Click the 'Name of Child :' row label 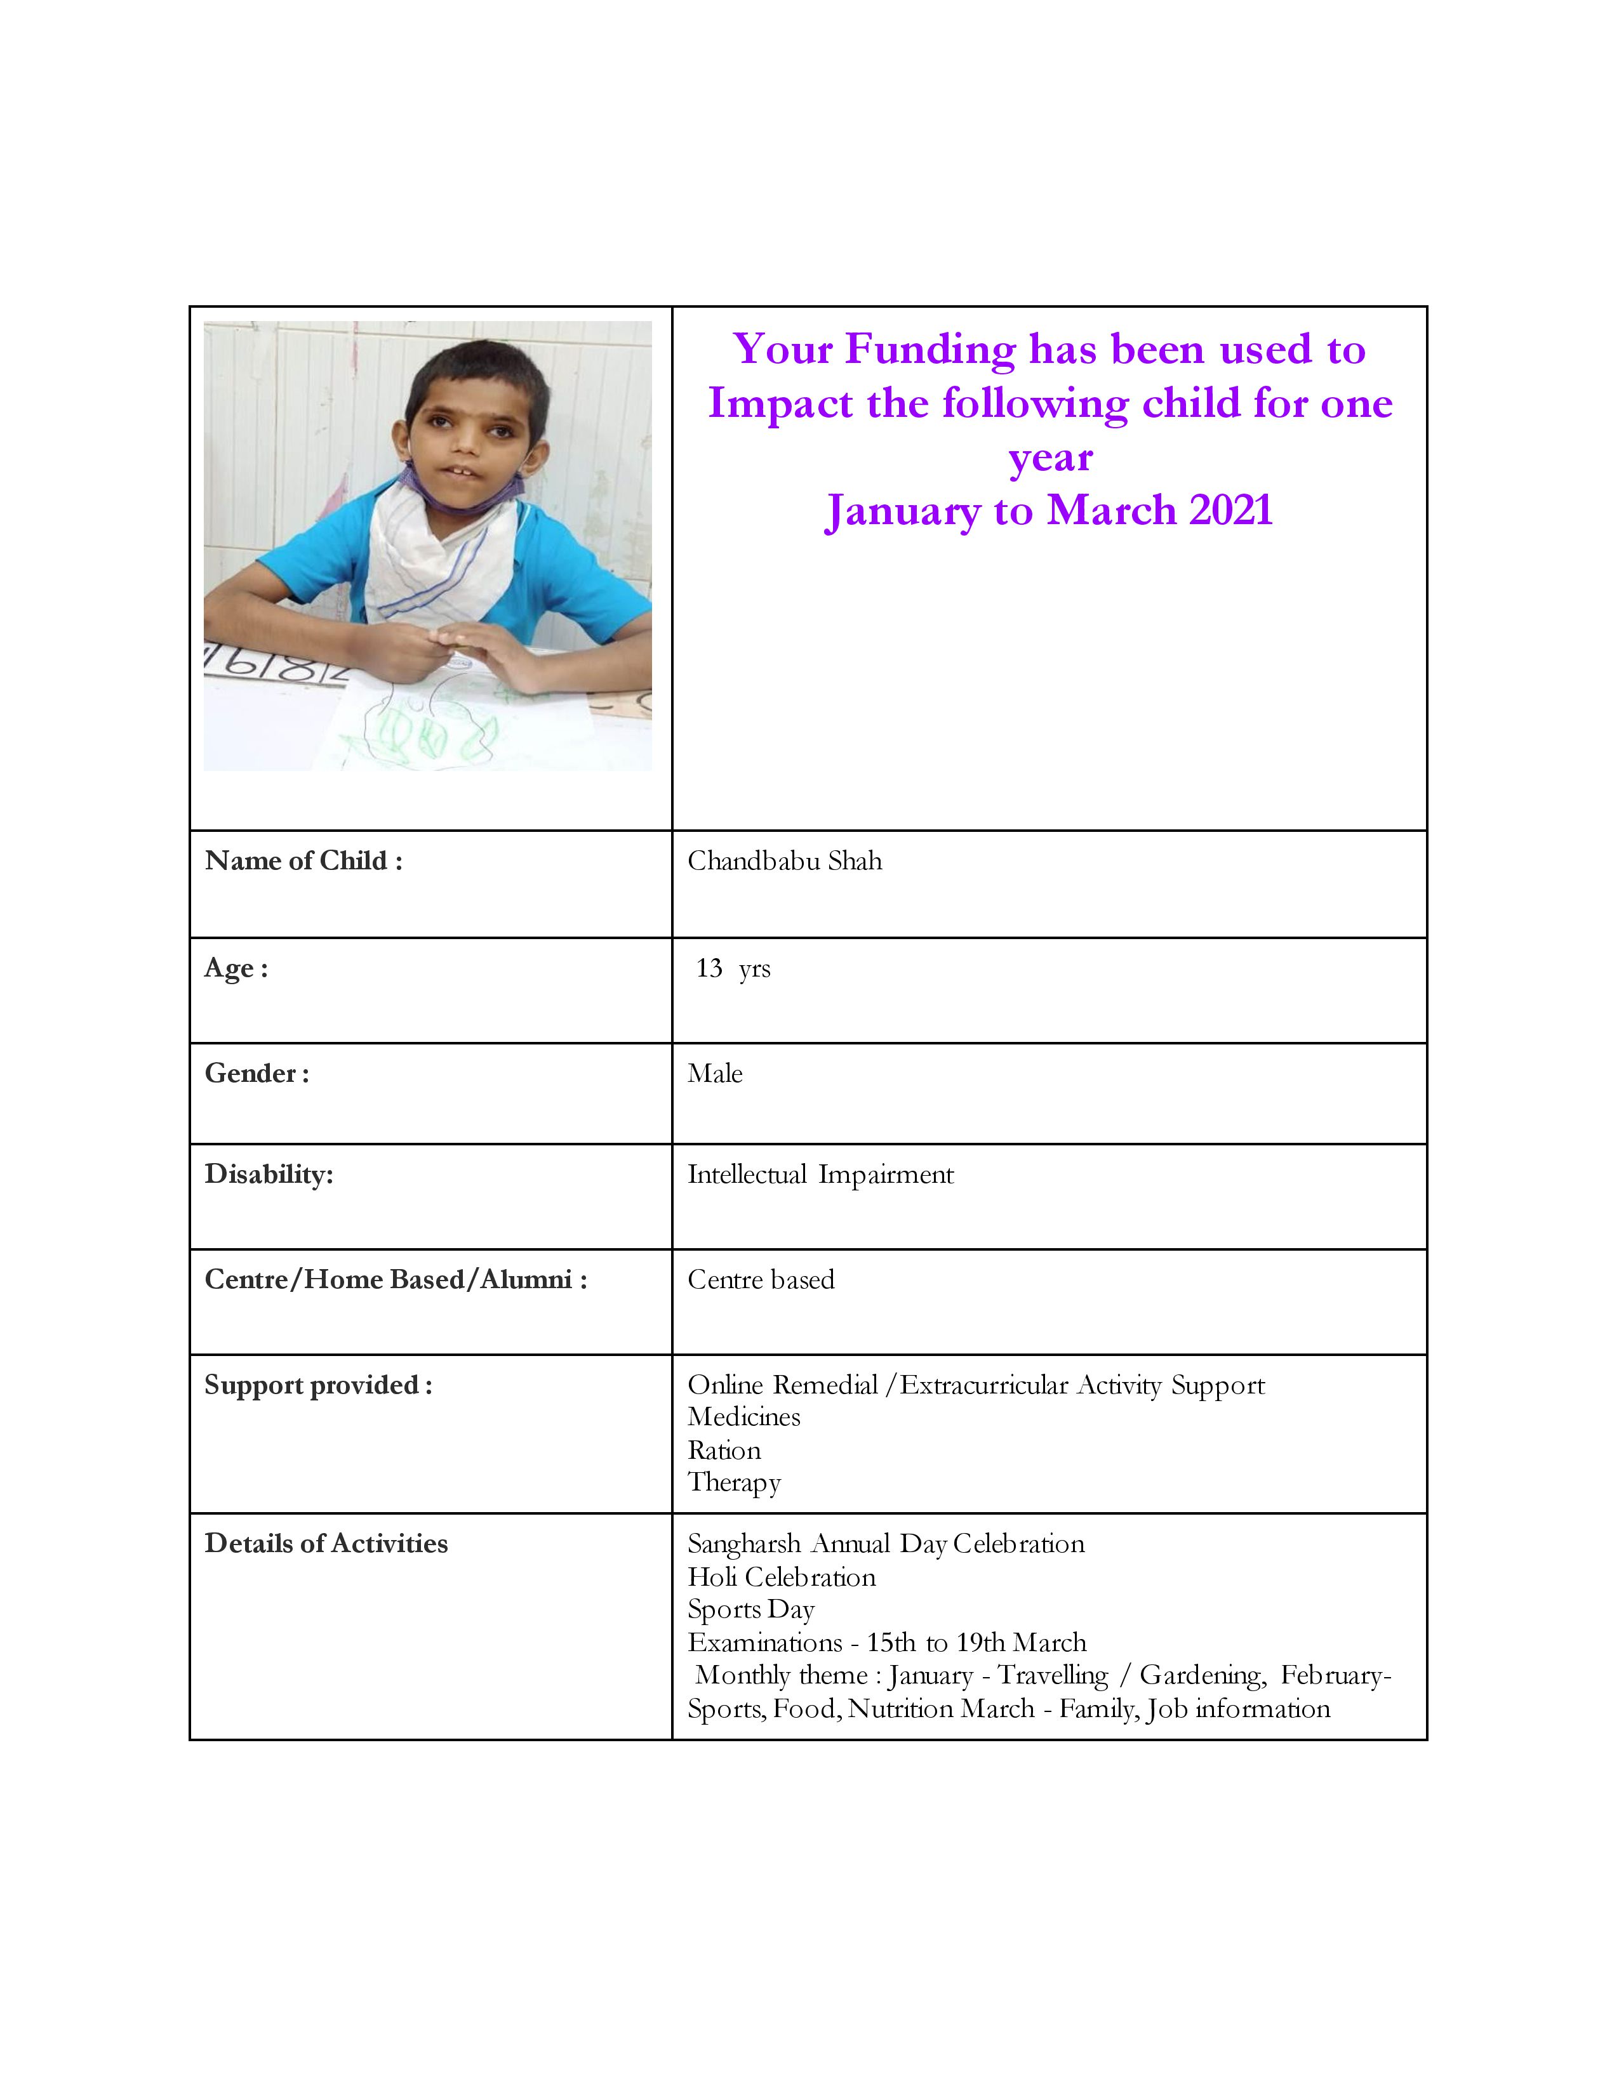click(303, 861)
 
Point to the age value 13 click(709, 968)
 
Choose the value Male click(714, 1074)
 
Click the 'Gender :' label click(256, 1074)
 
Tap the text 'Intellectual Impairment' click(820, 1175)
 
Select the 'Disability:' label click(269, 1175)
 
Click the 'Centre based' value click(761, 1280)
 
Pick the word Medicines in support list click(743, 1417)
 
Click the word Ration click(724, 1451)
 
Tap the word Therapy click(734, 1484)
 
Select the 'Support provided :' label click(317, 1385)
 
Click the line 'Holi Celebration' click(782, 1577)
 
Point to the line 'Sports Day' click(751, 1610)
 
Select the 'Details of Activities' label click(326, 1544)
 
